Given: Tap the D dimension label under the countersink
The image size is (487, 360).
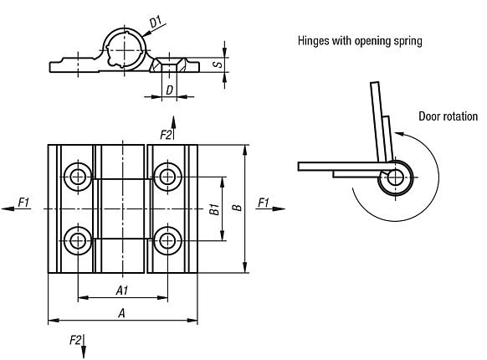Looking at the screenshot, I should coord(169,89).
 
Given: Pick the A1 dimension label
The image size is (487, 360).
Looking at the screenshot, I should coord(121,290).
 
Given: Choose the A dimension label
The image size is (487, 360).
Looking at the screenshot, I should coord(122,312).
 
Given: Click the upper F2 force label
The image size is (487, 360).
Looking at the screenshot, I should coord(165,133).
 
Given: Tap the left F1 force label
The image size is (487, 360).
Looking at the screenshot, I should coord(23,201).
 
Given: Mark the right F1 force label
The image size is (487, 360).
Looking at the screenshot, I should coord(264,201).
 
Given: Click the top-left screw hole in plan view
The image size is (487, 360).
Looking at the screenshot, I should coord(79,176).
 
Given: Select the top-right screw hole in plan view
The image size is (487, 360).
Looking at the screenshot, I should coord(169,176).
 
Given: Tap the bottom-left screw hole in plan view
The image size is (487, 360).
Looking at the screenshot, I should coord(79,241).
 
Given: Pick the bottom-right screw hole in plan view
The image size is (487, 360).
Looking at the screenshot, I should coord(169,241).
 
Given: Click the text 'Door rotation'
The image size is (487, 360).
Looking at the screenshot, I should coord(447,116).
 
